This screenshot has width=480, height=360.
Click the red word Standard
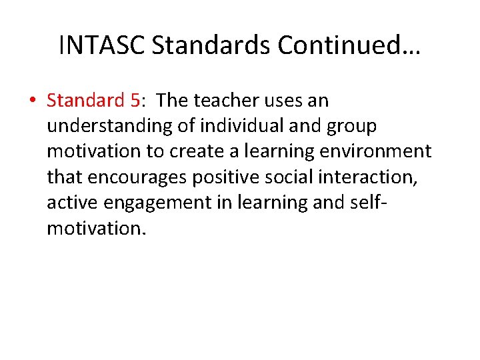tap(85, 101)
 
